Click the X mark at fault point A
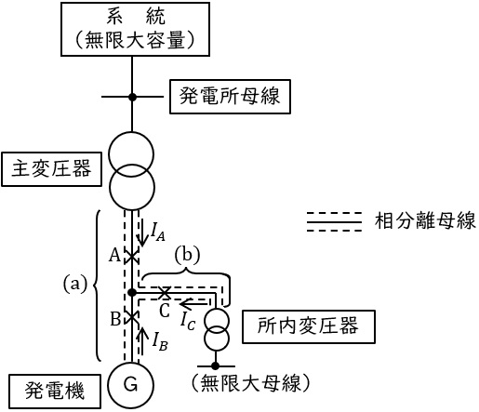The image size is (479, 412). point(132,257)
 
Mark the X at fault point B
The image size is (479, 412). point(132,317)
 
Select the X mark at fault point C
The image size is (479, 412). point(165,292)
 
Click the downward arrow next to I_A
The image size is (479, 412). point(142,232)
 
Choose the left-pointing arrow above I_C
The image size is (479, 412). point(193,303)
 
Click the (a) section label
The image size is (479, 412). point(75,284)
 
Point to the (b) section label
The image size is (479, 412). point(187,256)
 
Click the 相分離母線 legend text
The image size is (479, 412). point(425,220)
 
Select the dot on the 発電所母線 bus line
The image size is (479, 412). point(132,97)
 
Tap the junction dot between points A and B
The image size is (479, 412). point(132,292)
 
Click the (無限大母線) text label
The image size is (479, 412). point(250,383)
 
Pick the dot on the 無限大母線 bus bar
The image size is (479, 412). point(215,366)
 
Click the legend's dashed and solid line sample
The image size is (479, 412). point(334,221)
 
